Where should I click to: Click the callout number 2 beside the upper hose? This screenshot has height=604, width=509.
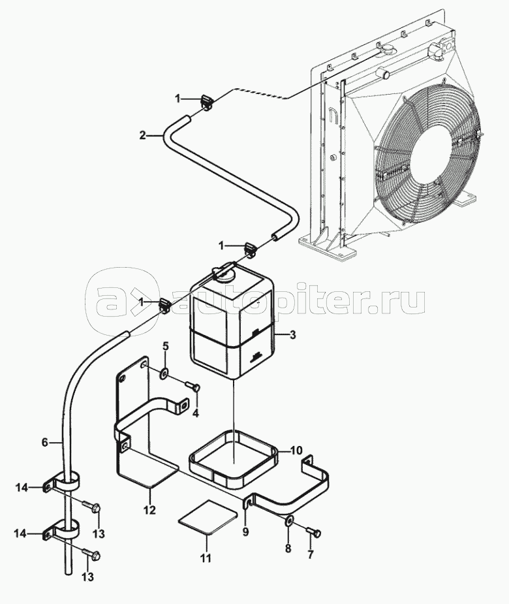(142, 136)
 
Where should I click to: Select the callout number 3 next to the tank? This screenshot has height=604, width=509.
(293, 335)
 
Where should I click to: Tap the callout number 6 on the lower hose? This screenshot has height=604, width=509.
(45, 443)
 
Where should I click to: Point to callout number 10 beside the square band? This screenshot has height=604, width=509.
(296, 450)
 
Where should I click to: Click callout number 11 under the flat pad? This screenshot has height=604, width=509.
(206, 558)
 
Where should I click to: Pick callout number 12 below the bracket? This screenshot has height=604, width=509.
(149, 510)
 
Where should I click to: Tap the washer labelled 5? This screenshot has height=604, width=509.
(164, 373)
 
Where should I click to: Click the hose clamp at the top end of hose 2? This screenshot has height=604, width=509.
(207, 101)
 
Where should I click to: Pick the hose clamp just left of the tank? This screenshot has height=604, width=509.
(164, 304)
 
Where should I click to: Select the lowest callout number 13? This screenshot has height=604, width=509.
(87, 577)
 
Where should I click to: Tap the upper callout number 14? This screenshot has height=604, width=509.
(22, 486)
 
